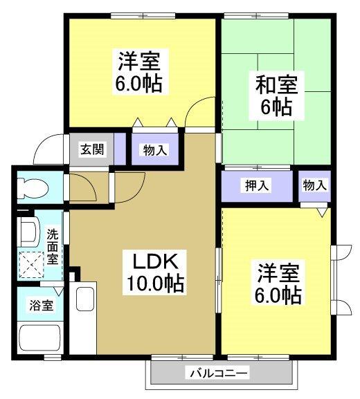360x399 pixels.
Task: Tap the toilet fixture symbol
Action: (30, 187)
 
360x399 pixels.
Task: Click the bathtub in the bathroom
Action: (40, 338)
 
